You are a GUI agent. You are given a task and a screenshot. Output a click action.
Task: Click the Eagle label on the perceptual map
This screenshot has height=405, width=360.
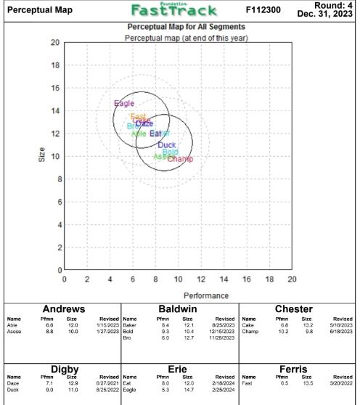pyautogui.click(x=124, y=104)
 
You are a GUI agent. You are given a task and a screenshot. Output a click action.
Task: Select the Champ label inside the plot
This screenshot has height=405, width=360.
pyautogui.click(x=180, y=159)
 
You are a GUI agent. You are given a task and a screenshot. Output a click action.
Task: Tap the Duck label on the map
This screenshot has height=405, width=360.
pyautogui.click(x=166, y=145)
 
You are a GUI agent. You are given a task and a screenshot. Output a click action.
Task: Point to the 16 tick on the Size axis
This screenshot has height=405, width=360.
pyautogui.click(x=55, y=88)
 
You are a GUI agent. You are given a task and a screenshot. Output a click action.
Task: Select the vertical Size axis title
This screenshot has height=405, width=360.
pyautogui.click(x=41, y=156)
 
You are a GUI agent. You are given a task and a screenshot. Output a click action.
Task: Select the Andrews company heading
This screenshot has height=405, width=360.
pyautogui.click(x=62, y=308)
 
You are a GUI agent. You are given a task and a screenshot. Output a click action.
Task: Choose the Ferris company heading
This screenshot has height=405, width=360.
pyautogui.click(x=298, y=369)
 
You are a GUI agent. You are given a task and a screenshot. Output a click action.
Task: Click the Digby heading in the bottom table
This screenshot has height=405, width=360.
pyautogui.click(x=62, y=369)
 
